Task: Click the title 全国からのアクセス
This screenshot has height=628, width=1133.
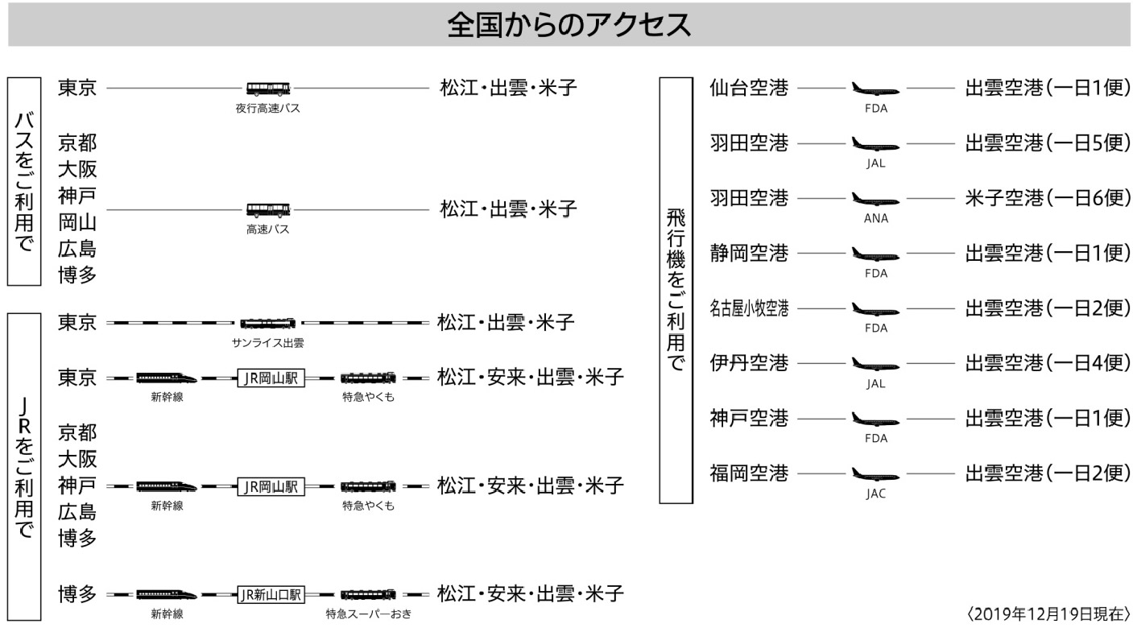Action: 569,25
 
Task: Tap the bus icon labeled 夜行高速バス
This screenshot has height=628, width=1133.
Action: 268,89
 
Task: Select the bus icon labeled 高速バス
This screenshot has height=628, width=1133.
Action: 268,209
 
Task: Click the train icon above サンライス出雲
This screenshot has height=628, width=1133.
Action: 267,323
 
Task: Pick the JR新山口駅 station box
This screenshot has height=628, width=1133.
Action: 271,595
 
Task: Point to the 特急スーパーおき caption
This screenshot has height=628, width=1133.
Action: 369,614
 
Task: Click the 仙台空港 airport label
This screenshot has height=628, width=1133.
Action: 749,88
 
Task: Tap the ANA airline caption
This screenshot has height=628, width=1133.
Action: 876,218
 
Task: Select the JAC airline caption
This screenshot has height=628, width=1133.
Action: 876,494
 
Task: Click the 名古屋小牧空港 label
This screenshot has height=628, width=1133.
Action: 749,308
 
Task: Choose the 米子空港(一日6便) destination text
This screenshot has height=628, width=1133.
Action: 1047,198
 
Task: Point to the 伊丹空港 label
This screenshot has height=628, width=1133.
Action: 749,363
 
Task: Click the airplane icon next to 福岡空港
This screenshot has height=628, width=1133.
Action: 875,474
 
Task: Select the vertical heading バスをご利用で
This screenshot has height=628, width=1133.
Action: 24,181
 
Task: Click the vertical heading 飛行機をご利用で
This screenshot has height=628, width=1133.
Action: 676,290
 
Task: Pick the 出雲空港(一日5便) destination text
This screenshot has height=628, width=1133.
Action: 1047,143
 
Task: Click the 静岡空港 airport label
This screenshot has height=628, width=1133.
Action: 749,253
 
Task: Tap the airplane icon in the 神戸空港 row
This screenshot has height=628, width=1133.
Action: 875,419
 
